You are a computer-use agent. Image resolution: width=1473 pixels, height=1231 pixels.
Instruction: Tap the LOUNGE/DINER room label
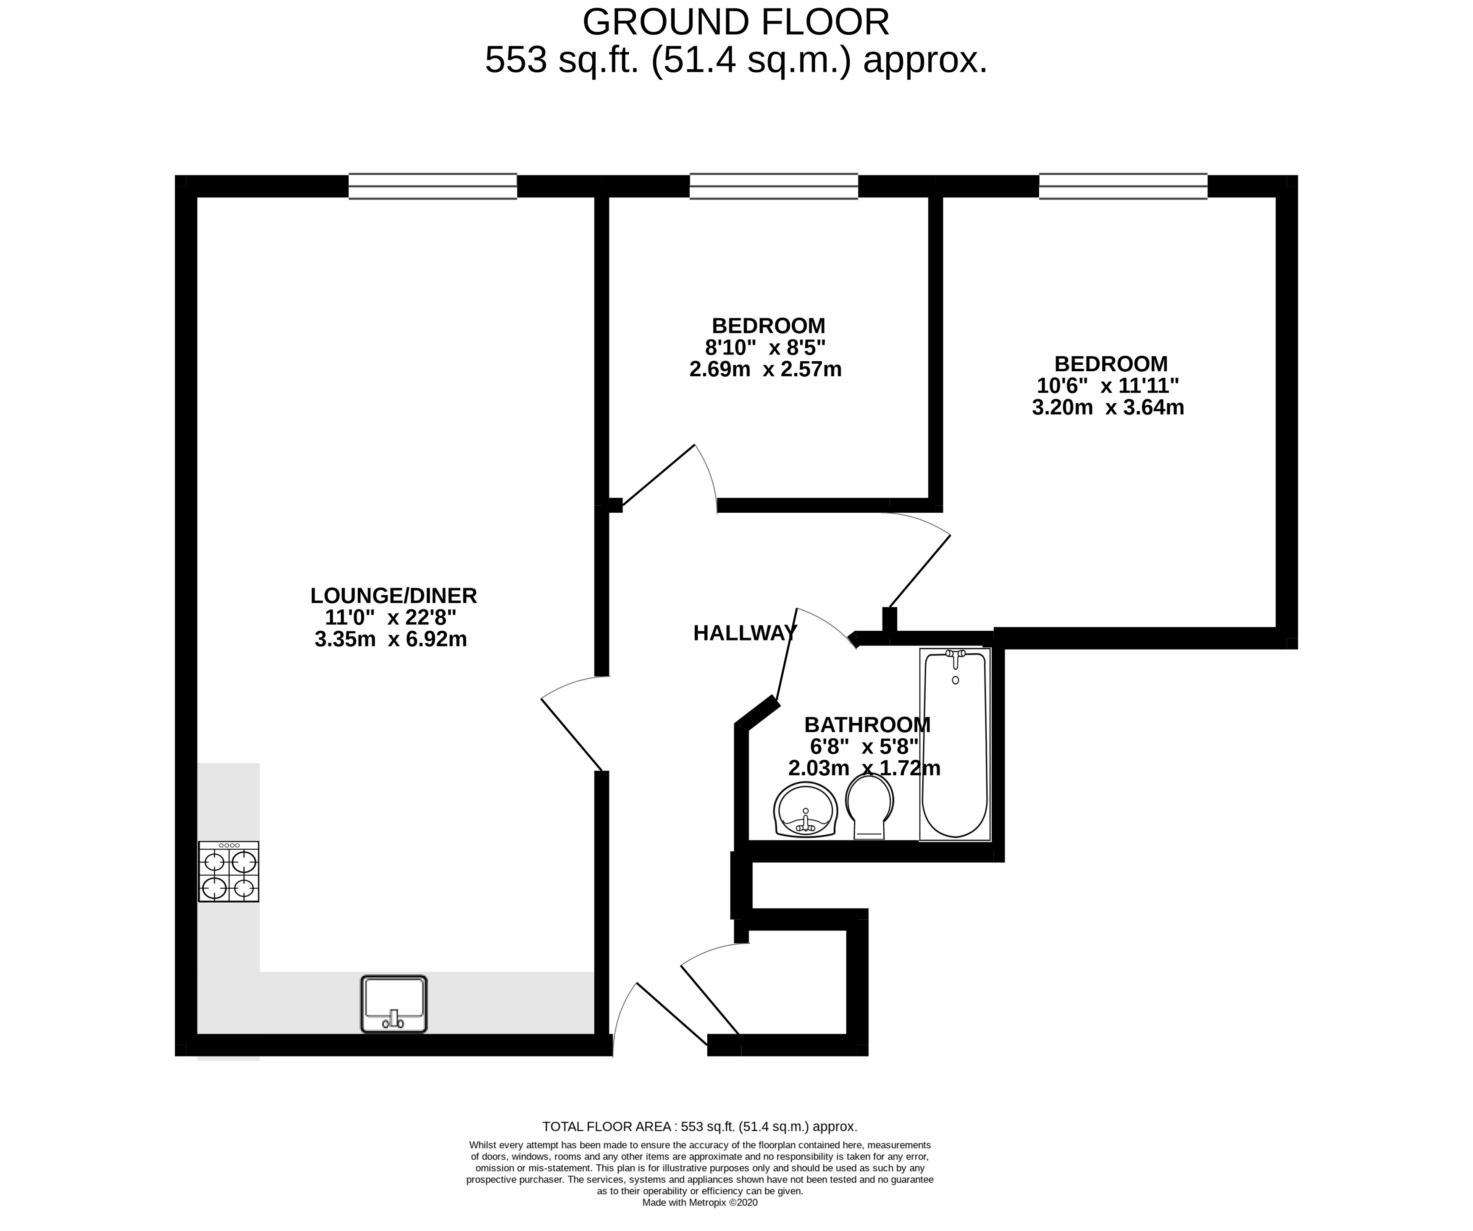[394, 596]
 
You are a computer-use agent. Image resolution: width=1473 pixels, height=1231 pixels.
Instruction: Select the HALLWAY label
[745, 633]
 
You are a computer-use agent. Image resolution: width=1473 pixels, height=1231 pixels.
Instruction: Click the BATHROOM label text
[867, 724]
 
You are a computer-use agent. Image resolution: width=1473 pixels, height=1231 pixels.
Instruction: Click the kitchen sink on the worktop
[394, 1004]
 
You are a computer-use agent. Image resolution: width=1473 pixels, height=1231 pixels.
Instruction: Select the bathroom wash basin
[806, 810]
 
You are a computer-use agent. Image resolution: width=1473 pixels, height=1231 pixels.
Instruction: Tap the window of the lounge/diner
[433, 186]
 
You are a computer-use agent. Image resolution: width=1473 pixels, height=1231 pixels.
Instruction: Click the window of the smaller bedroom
[774, 186]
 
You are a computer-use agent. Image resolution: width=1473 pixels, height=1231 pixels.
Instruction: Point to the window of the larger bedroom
[1123, 186]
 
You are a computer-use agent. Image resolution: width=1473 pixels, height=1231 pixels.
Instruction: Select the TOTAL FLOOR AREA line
[699, 1126]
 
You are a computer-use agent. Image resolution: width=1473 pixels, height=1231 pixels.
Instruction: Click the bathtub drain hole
[956, 680]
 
